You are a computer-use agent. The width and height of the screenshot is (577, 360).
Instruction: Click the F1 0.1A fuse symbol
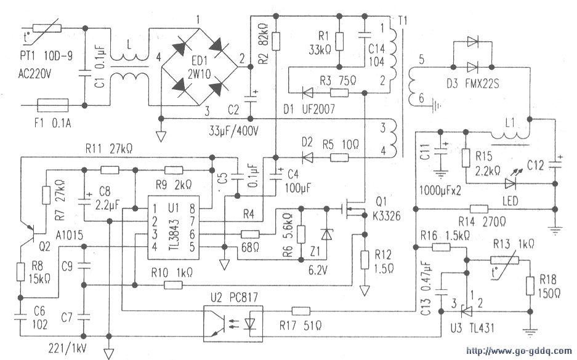point(53,105)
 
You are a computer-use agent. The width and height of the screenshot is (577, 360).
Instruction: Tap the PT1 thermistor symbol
point(47,28)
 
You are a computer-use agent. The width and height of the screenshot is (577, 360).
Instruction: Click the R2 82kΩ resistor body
point(276,41)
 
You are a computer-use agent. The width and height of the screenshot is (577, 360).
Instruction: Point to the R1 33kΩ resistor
point(340,41)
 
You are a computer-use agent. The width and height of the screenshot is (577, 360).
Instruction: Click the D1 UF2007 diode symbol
point(307,93)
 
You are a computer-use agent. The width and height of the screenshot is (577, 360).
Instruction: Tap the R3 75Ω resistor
point(339,93)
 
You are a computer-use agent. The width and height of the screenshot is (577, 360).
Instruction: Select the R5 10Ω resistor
point(339,158)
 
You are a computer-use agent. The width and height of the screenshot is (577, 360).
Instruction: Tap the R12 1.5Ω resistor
point(365,259)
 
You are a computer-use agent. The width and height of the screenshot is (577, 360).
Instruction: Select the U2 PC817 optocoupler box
point(233,323)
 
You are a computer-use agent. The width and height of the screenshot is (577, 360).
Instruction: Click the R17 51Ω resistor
point(301,311)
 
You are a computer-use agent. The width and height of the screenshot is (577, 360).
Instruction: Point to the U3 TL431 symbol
point(467,312)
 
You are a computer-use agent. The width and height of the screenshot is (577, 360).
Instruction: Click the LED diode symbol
point(510,183)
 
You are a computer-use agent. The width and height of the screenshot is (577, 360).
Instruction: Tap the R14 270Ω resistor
point(479,209)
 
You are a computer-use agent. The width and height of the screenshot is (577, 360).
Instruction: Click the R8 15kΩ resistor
point(21,272)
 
